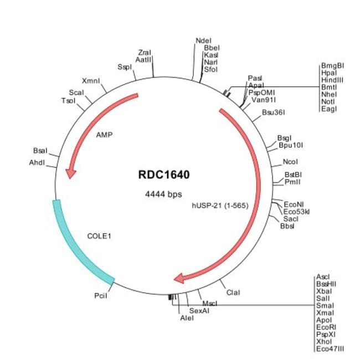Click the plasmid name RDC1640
tap(164, 175)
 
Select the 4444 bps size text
tap(163, 194)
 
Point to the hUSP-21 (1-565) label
tap(219, 205)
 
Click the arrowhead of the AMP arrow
tap(70, 173)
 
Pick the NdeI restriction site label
tap(204, 40)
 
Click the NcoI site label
tap(290, 162)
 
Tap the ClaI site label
tap(233, 292)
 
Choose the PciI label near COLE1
tap(100, 296)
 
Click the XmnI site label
tap(91, 80)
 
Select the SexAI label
tap(199, 311)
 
